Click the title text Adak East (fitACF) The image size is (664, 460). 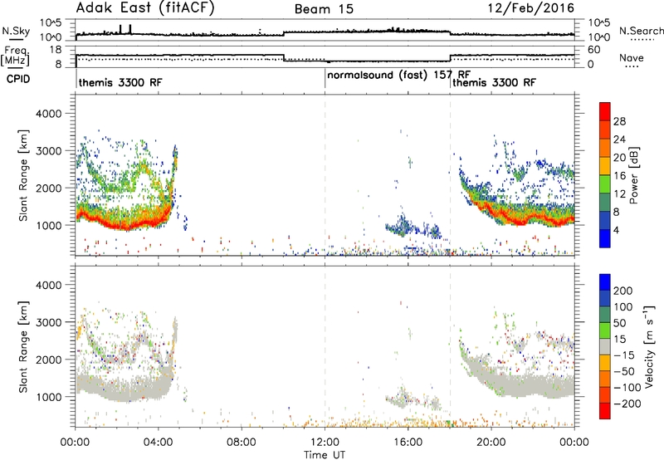(145, 8)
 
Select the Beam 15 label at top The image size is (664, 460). (324, 9)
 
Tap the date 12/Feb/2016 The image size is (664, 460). (530, 8)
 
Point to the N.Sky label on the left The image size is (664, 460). (16, 31)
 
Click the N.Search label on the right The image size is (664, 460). (642, 31)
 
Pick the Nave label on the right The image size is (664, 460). (632, 57)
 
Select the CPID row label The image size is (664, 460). (18, 79)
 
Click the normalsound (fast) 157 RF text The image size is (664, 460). (399, 76)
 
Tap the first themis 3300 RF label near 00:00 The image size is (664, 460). (120, 82)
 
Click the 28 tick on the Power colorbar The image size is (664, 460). (619, 121)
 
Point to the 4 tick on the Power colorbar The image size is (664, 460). (616, 230)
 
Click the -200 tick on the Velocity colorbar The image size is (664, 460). (627, 404)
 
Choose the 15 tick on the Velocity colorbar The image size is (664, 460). (619, 340)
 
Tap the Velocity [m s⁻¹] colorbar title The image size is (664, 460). (649, 346)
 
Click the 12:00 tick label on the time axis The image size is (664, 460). (325, 443)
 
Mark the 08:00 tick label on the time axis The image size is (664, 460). (242, 443)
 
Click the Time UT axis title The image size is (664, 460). (325, 455)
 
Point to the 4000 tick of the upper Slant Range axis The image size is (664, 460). (49, 114)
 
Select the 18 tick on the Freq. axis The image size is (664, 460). (56, 50)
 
